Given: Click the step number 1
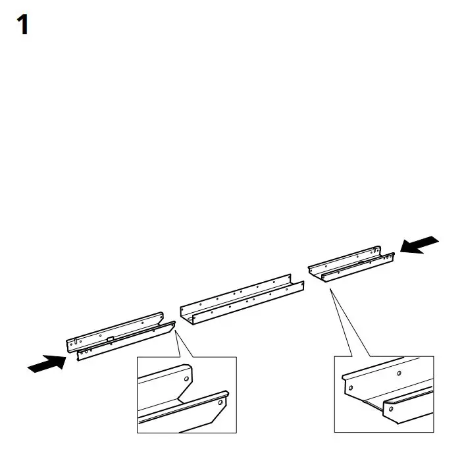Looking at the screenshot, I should click(23, 26).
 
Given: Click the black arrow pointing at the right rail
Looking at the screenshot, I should click(419, 245).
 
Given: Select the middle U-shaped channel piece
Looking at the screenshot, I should click(243, 300).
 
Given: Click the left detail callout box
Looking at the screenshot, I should click(186, 394).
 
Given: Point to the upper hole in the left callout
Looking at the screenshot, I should click(186, 379).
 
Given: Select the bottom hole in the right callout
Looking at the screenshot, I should click(390, 409).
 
